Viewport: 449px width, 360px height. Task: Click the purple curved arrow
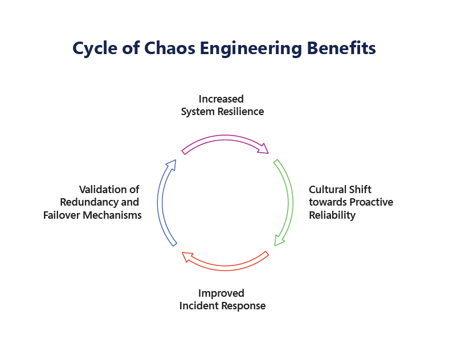[226, 138]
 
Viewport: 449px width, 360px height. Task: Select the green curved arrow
[288, 203]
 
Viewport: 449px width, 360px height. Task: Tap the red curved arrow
[224, 263]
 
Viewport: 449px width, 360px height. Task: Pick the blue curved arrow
[162, 202]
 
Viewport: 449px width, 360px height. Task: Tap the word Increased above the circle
[221, 99]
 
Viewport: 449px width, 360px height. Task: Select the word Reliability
[332, 215]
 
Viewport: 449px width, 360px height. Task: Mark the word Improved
[221, 293]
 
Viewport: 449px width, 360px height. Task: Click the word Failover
[62, 215]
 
